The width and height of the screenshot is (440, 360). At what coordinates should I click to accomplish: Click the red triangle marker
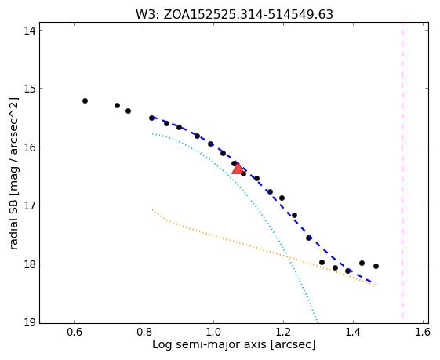click(238, 168)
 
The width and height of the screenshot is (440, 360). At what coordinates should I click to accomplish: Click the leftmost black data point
click(85, 100)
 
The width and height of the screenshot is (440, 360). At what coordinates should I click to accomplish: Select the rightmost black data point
click(376, 267)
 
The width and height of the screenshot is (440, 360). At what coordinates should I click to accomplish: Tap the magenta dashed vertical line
click(402, 170)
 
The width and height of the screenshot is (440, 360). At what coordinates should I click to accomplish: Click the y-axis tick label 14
click(29, 31)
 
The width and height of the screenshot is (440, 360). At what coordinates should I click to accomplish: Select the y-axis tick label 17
click(29, 205)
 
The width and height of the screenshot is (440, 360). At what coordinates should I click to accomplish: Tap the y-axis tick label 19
click(29, 322)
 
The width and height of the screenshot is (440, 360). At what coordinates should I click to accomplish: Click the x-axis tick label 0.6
click(74, 333)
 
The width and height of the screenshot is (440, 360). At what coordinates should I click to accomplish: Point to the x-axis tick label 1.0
click(213, 333)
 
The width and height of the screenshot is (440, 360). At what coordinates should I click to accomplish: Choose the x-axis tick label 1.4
click(353, 333)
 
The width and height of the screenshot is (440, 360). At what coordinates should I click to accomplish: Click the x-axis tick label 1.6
click(423, 333)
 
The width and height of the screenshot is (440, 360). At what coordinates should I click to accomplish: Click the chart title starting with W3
click(235, 15)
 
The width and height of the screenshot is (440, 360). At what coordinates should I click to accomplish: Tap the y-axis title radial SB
click(13, 173)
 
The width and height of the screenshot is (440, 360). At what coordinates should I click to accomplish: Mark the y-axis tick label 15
click(29, 89)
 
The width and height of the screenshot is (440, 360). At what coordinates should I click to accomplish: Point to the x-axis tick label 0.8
click(144, 333)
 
